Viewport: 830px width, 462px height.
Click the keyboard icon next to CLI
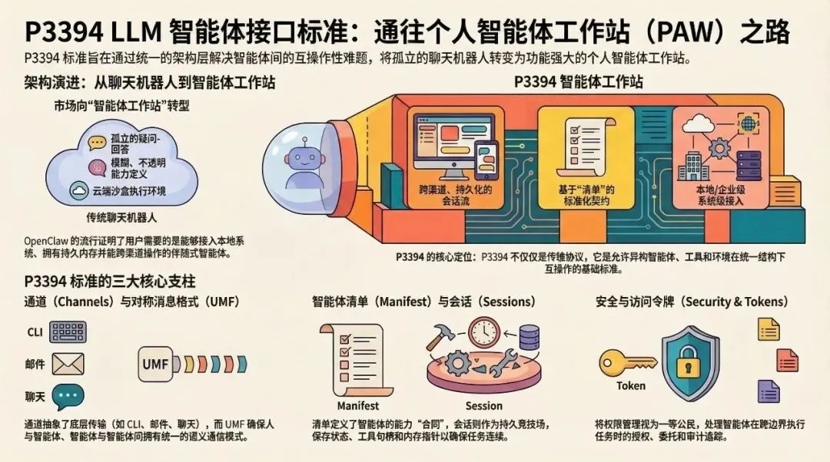tap(68, 331)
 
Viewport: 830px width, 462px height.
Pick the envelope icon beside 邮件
tap(68, 363)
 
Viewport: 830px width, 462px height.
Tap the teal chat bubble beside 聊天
tap(68, 396)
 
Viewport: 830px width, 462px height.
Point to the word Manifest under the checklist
tap(358, 405)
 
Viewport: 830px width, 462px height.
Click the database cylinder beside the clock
tap(530, 337)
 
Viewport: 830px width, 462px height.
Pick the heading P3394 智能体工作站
tap(579, 82)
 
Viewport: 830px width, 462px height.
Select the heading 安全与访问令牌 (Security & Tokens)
tap(692, 302)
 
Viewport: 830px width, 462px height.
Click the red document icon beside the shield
tap(787, 359)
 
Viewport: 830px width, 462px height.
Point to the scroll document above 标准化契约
tap(585, 146)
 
